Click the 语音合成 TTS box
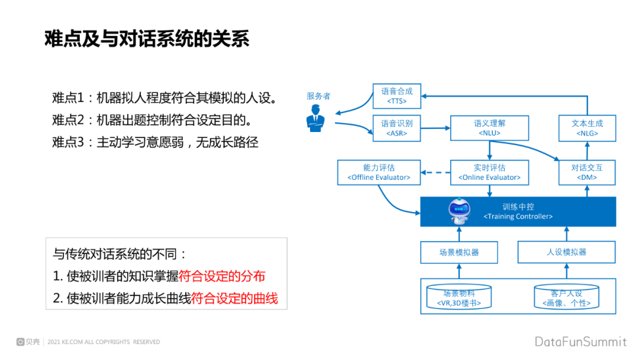[x=396, y=96]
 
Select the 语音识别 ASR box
[x=396, y=128]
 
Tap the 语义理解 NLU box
[x=489, y=128]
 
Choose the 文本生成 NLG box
[x=587, y=128]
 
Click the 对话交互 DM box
[x=587, y=172]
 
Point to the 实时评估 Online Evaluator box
[x=489, y=172]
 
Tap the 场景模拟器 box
[x=459, y=252]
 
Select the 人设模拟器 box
[x=566, y=252]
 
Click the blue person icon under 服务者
[x=315, y=118]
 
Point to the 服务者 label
[x=318, y=96]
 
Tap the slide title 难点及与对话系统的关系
[x=147, y=38]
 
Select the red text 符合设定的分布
[x=222, y=276]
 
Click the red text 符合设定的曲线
[x=235, y=298]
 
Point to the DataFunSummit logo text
[x=580, y=342]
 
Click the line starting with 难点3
[x=155, y=143]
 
